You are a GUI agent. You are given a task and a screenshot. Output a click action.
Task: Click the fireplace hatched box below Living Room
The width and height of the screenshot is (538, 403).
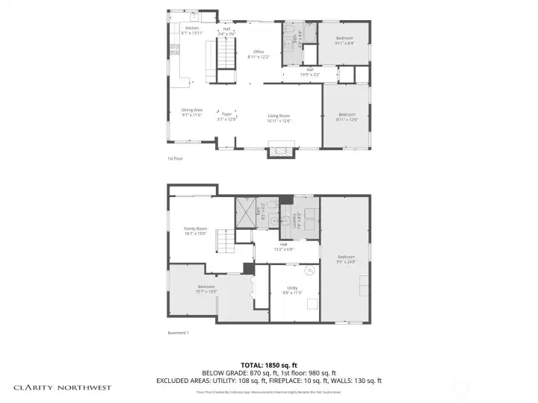click(x=282, y=151)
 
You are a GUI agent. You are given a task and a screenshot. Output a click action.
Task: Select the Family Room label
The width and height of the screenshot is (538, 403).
click(x=195, y=231)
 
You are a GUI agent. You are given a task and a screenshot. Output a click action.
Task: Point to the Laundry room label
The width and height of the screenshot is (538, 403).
click(x=297, y=216)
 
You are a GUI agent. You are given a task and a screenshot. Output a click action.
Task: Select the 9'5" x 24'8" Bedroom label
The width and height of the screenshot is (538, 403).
click(x=345, y=259)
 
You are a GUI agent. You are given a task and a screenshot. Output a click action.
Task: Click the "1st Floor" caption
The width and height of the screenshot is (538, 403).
click(x=175, y=159)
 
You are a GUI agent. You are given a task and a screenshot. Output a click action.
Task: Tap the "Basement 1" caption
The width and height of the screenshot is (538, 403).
click(x=178, y=333)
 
